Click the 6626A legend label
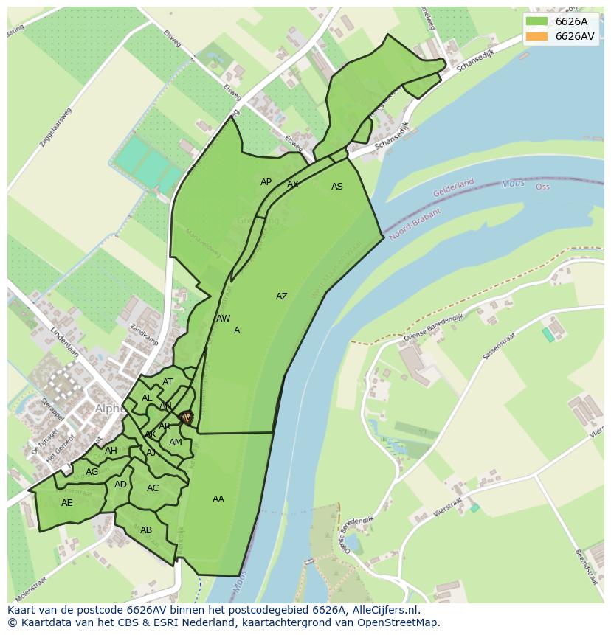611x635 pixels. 571,21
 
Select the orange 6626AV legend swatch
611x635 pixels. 537,36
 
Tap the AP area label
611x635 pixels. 266,182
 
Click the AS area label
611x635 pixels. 336,187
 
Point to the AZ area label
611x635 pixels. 281,296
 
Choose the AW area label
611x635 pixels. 223,319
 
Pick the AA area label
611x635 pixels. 218,499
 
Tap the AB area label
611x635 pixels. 146,530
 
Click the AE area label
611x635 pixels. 67,503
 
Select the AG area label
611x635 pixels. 92,472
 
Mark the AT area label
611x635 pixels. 168,382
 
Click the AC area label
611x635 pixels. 153,488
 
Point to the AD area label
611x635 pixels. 120,485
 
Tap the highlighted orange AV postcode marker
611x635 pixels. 186,417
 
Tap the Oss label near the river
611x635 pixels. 542,187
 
